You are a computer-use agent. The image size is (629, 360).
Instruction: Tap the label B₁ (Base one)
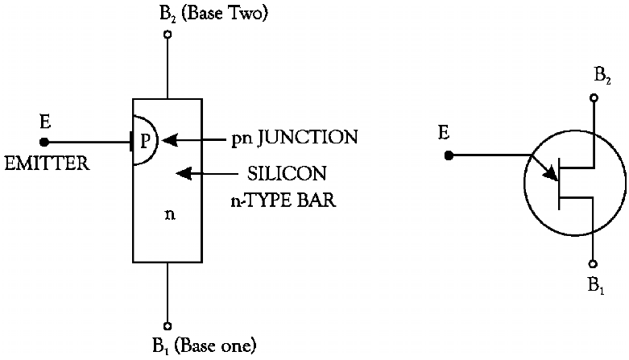coord(203,347)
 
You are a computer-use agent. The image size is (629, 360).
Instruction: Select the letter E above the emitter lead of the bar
coord(45,122)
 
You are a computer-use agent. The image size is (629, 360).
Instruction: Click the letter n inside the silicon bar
coord(169,215)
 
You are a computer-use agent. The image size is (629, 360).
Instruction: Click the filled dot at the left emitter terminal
coord(43,143)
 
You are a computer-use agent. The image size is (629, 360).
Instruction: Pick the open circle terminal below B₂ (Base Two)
coord(167,35)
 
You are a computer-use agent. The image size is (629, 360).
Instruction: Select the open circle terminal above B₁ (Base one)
coord(167,325)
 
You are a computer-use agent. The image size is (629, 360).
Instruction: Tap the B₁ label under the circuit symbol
coord(597,283)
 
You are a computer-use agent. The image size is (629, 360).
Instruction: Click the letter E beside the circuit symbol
coord(444,132)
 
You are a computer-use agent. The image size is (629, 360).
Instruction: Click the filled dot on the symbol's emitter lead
coord(449,155)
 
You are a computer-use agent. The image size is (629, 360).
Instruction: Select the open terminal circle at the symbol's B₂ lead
coord(594,99)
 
